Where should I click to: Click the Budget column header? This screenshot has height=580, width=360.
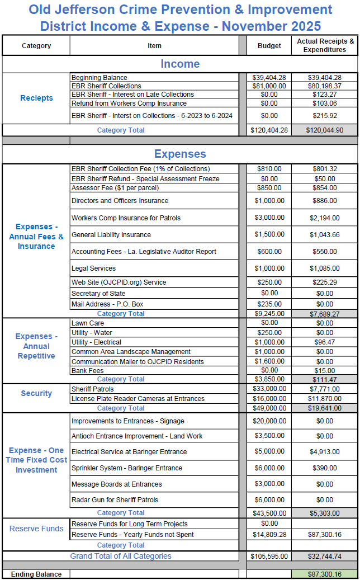269,46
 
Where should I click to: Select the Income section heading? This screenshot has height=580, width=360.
180,64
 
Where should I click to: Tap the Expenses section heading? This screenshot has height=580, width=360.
180,154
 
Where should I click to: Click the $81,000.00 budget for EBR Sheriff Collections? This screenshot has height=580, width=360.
269,86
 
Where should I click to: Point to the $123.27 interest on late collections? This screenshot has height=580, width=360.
325,95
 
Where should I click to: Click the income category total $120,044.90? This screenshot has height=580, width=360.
325,130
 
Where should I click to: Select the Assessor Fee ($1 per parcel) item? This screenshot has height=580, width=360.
115,188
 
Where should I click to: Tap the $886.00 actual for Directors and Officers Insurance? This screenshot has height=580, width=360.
325,201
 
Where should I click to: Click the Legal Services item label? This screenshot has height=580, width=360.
94,268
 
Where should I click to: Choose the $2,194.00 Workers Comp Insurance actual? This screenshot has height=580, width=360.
325,218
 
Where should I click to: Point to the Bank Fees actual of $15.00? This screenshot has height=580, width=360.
325,370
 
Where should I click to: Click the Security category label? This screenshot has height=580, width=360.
36,393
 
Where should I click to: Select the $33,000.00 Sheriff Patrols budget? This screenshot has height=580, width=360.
269,389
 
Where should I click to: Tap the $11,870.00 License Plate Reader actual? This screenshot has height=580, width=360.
325,399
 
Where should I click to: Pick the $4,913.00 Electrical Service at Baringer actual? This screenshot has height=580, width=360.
325,452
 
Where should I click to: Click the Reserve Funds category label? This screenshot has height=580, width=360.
36,529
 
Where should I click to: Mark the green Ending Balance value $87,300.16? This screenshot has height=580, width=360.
325,574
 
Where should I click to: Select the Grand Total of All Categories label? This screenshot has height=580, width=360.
121,556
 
